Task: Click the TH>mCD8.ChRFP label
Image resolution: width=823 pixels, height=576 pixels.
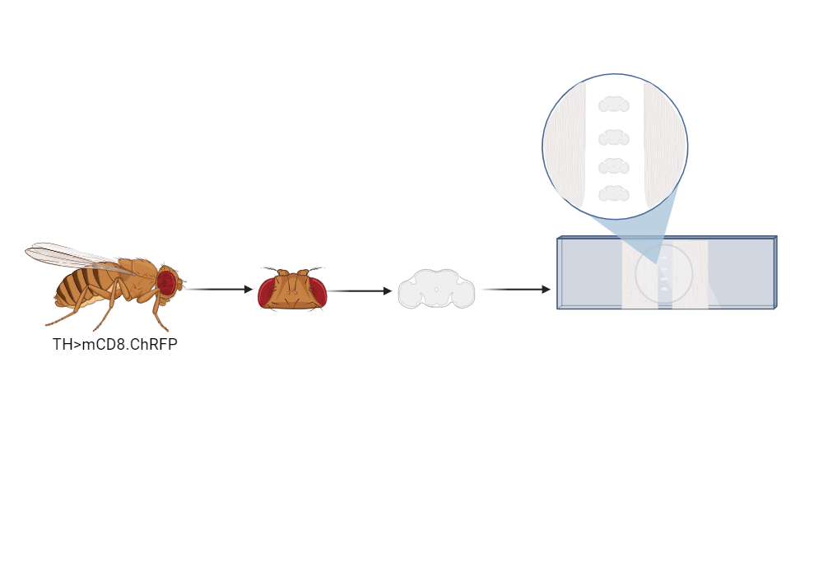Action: click(115, 345)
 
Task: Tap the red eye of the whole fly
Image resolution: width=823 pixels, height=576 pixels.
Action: click(166, 283)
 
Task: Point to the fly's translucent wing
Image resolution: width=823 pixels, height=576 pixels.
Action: click(74, 257)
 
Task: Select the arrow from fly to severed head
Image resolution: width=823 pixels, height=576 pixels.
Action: click(218, 289)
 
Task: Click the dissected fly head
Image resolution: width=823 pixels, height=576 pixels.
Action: click(292, 290)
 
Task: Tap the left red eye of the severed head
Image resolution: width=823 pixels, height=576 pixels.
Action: click(267, 292)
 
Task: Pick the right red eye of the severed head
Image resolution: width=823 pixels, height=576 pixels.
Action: click(318, 292)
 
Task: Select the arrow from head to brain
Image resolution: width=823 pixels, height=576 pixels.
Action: click(360, 290)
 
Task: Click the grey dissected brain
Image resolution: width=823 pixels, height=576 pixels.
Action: click(436, 290)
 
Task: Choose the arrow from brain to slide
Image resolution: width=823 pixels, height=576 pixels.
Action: click(515, 289)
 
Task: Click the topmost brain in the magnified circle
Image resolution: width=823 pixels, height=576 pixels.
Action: click(614, 105)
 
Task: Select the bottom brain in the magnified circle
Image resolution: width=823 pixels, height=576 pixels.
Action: click(614, 194)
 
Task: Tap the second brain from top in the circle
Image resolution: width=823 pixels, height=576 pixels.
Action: click(614, 137)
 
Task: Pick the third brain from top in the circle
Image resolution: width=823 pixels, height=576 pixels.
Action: click(614, 166)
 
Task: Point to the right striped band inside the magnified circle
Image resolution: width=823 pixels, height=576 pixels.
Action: click(664, 144)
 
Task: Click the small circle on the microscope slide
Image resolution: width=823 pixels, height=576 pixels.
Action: click(663, 273)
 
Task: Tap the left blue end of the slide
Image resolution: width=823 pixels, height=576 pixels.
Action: click(589, 273)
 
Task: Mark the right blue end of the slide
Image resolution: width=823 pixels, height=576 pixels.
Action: click(741, 273)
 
